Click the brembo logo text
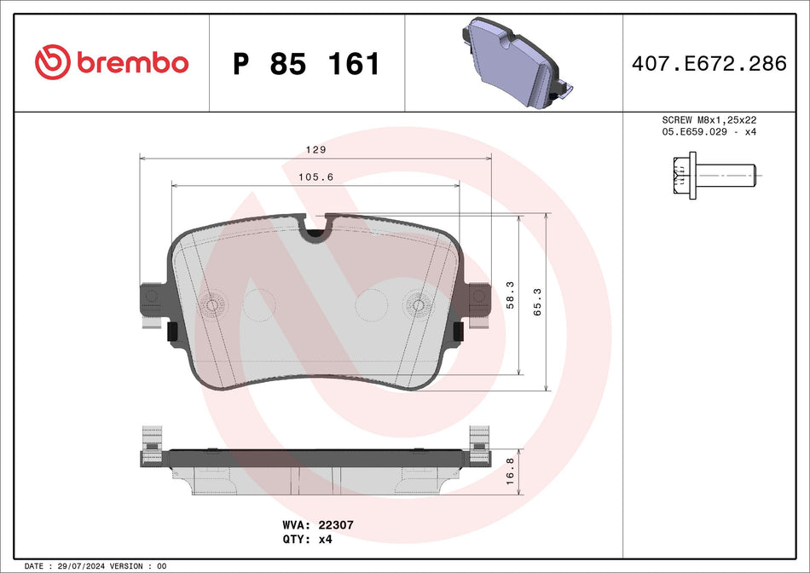click(x=131, y=62)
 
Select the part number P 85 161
click(x=306, y=64)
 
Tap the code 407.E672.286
click(x=709, y=63)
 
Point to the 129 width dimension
click(x=315, y=149)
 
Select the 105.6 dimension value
click(x=315, y=177)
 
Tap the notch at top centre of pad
click(x=315, y=227)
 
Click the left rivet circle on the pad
click(x=211, y=304)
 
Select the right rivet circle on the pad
click(x=419, y=304)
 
